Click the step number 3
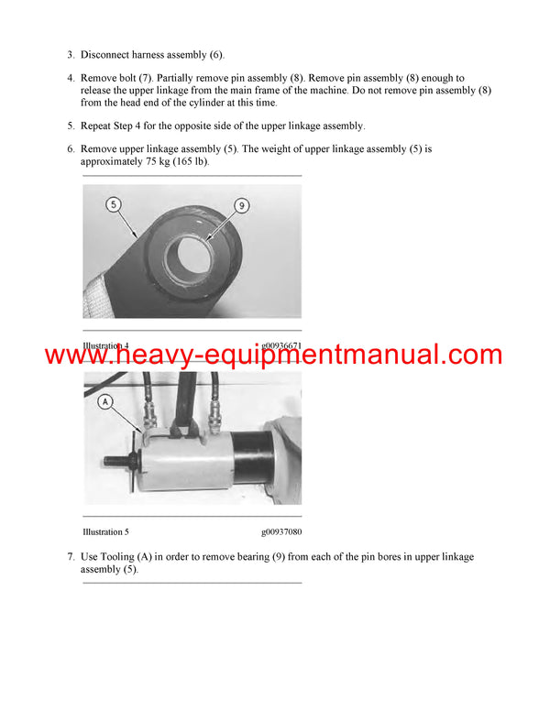click(71, 55)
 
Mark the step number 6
click(71, 149)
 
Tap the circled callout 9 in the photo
click(241, 206)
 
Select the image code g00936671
click(280, 346)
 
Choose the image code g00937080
click(280, 531)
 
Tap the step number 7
click(71, 557)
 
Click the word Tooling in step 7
click(126, 557)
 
